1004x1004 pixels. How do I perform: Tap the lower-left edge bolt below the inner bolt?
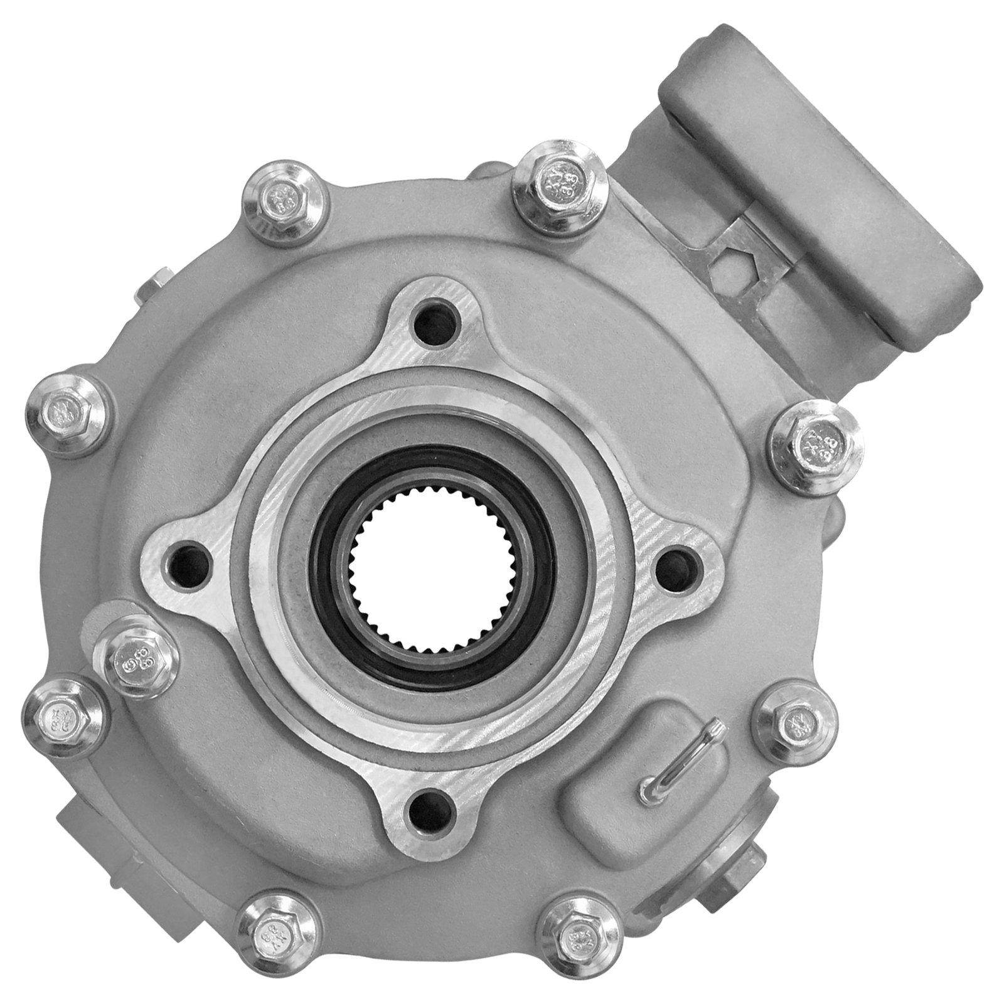61,715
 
